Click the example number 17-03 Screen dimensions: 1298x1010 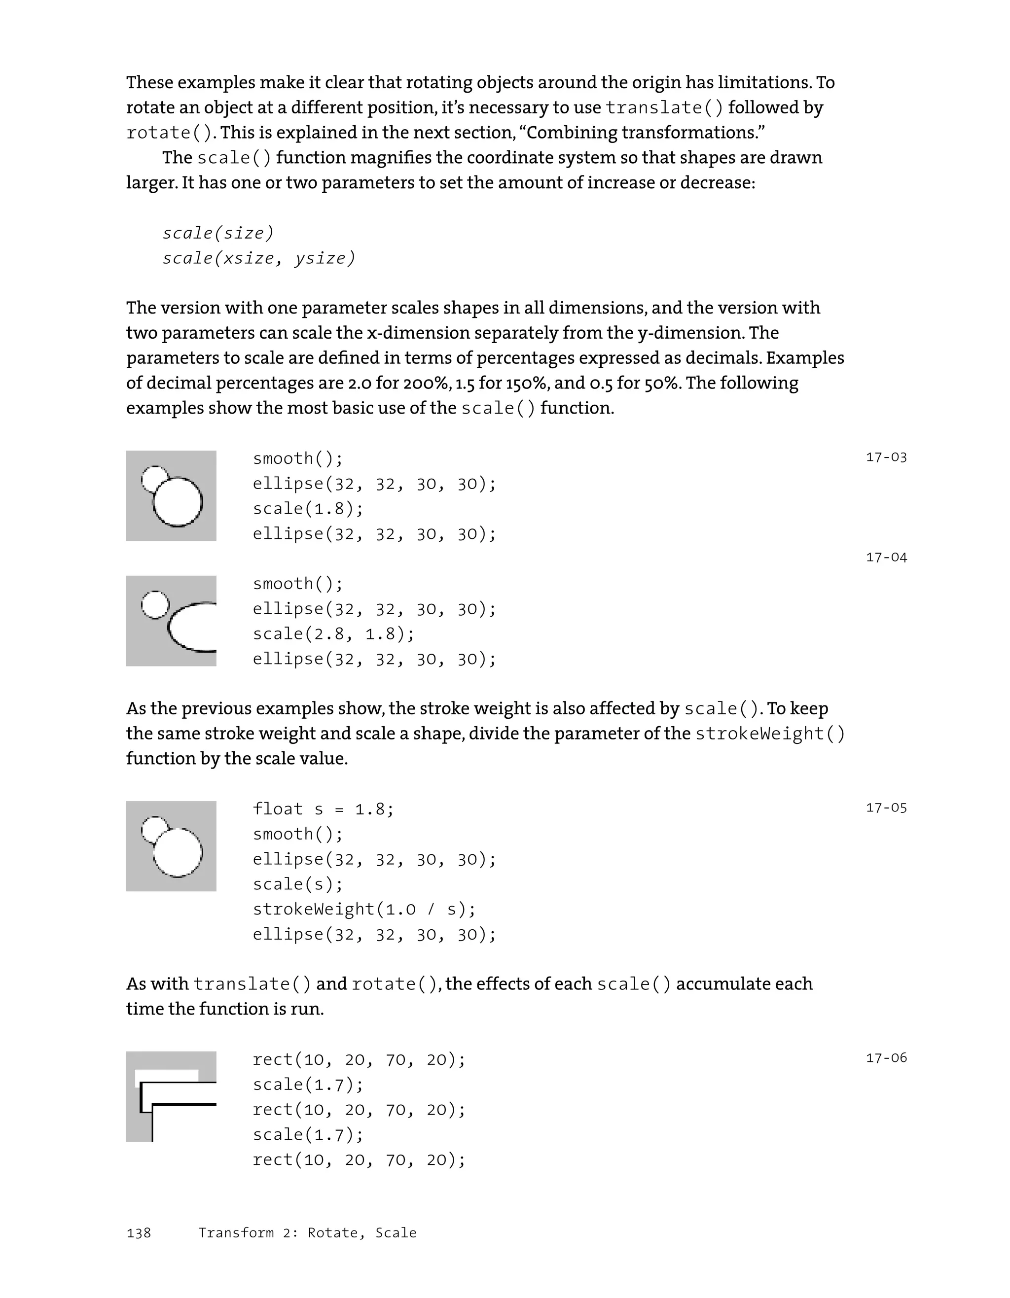click(x=886, y=457)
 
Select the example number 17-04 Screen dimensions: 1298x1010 click(x=886, y=558)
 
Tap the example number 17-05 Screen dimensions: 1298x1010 click(x=886, y=807)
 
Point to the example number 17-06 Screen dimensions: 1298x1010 click(x=886, y=1058)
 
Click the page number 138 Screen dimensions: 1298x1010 click(x=139, y=1233)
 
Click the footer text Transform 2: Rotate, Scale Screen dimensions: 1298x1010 click(x=307, y=1233)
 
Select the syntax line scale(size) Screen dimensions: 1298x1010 click(x=218, y=233)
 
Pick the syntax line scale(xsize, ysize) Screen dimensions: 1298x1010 click(x=258, y=258)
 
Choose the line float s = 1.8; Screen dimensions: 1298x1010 click(x=323, y=809)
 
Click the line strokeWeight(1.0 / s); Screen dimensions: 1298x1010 click(x=364, y=910)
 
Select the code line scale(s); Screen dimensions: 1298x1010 click(x=298, y=884)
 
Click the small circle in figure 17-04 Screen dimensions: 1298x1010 click(x=155, y=605)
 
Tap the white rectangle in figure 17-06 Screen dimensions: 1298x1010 click(x=167, y=1074)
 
